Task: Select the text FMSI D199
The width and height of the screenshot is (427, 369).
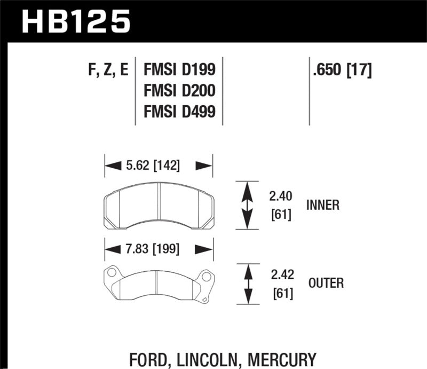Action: point(179,69)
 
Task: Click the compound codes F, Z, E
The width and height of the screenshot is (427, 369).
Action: point(107,69)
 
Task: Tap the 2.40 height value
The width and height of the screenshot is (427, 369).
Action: point(282,191)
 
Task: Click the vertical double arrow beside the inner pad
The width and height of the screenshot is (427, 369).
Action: point(247,206)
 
